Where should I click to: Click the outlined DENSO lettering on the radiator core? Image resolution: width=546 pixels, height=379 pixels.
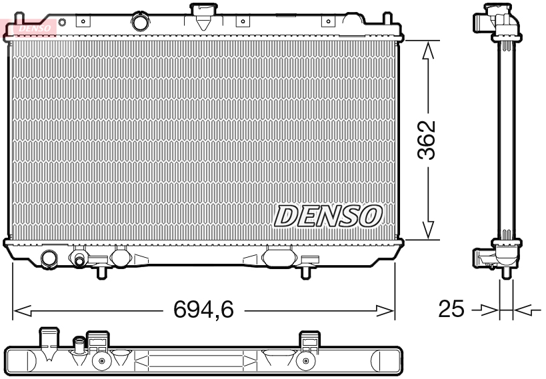pos(328,216)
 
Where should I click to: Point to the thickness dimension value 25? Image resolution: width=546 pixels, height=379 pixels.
pos(452,309)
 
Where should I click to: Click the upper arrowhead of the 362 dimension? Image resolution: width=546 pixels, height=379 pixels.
pos(429,49)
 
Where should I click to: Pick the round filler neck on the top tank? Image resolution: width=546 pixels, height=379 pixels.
pos(141,22)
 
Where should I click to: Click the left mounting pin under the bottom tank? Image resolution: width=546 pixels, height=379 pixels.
pos(101,272)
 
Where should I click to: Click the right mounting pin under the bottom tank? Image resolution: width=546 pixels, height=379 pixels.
pos(305,272)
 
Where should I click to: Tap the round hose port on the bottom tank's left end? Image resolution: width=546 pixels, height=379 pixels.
pos(49,258)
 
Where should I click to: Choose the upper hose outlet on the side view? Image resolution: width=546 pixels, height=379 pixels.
pos(483,22)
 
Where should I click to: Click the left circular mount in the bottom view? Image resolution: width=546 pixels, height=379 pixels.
pos(101,362)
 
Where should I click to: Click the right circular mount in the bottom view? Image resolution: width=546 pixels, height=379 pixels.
pos(305,362)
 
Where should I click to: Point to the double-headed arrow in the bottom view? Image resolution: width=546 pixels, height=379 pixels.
pos(197,363)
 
